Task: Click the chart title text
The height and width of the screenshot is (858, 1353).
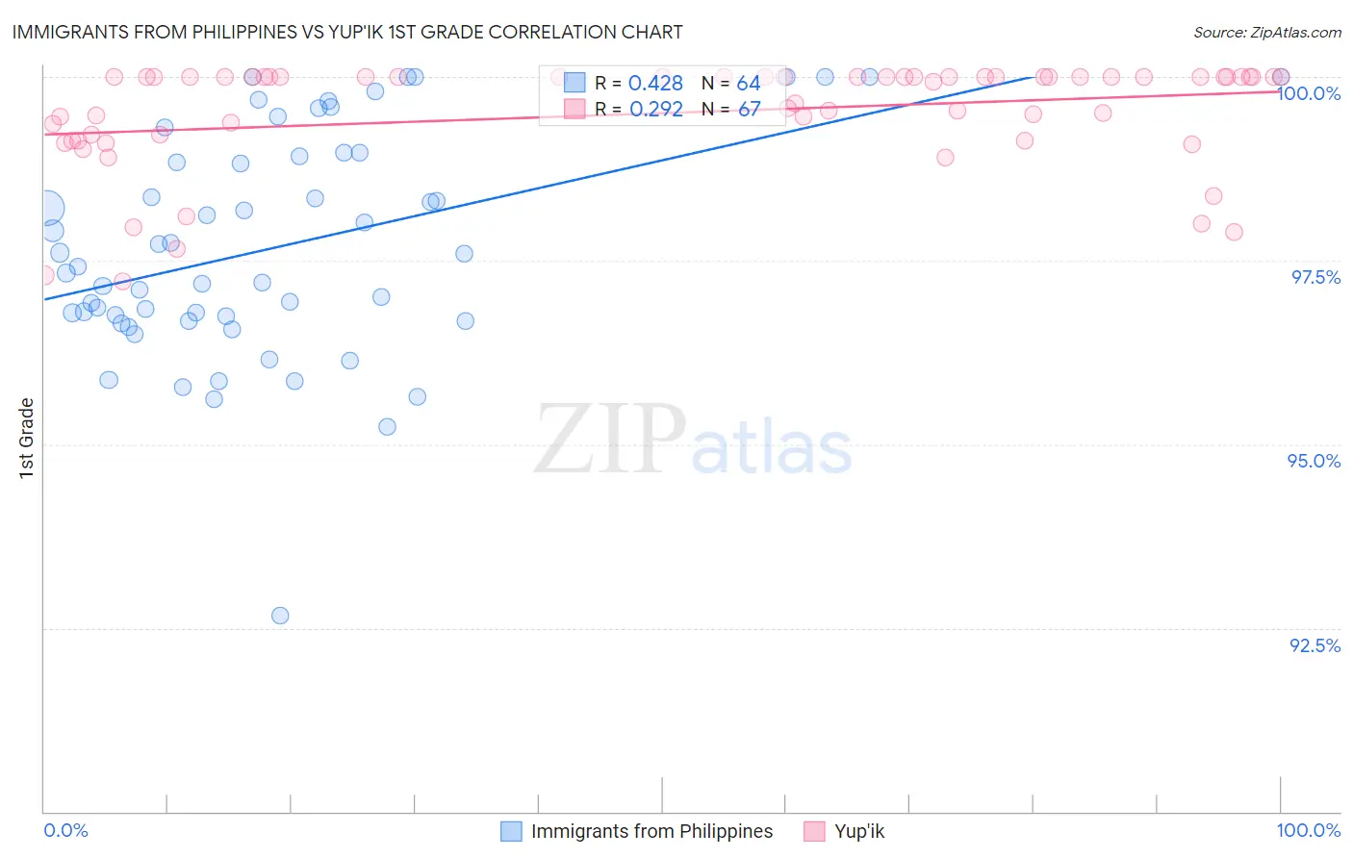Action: [x=347, y=32]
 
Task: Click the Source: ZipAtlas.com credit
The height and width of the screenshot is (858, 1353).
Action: [x=1266, y=33]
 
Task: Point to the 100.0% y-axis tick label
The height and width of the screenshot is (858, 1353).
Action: [x=1309, y=93]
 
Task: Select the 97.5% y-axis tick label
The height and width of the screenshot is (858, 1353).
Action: [x=1315, y=277]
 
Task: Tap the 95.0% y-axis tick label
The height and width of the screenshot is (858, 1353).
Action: [x=1315, y=461]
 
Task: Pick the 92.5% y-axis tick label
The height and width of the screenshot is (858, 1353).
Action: [x=1315, y=645]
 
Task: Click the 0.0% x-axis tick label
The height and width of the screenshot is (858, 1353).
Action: [x=66, y=830]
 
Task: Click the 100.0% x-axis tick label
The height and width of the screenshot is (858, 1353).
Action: [x=1309, y=830]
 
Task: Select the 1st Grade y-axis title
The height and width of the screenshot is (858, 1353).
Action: [x=27, y=438]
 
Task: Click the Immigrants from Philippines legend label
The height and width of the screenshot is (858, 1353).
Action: [x=651, y=831]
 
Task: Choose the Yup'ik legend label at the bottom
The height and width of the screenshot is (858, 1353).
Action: [x=859, y=831]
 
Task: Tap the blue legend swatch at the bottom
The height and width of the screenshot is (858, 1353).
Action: [x=512, y=831]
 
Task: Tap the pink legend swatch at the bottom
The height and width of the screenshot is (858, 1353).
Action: [x=815, y=831]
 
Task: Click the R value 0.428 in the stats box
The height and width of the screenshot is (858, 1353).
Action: [x=655, y=84]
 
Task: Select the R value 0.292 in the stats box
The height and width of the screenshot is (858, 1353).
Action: [x=655, y=109]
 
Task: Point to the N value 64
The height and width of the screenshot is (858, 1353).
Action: [x=749, y=84]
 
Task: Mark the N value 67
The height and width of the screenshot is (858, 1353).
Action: [x=749, y=109]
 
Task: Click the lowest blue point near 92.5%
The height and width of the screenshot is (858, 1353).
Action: [x=280, y=616]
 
